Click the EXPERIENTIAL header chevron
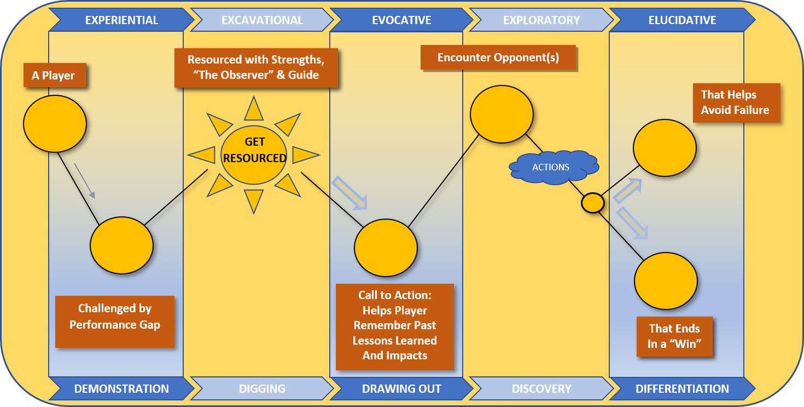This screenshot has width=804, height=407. click(121, 20)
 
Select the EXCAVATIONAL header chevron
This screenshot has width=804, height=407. click(262, 20)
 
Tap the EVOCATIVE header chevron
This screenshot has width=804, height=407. click(401, 20)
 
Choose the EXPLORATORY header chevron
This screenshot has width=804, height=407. click(541, 20)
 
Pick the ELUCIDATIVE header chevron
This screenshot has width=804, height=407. click(682, 20)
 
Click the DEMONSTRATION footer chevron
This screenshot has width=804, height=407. click(121, 389)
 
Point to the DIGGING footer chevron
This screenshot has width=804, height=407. click(262, 389)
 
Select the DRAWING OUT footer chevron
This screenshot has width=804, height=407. click(401, 389)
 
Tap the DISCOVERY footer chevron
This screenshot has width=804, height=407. click(541, 389)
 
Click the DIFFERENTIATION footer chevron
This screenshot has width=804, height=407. click(682, 389)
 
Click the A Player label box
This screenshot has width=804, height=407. click(55, 75)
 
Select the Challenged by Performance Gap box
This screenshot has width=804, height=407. click(115, 322)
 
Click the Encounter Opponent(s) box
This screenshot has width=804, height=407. click(498, 58)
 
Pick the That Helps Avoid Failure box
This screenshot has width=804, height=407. click(736, 102)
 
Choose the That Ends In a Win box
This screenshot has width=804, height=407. click(674, 336)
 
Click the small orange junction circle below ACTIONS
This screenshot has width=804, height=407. click(592, 203)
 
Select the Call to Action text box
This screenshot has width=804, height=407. click(395, 326)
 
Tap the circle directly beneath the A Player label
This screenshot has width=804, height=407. click(55, 123)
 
